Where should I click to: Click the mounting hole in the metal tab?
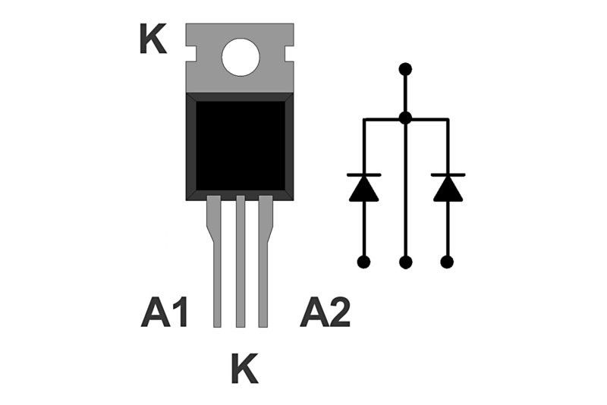[x=241, y=57]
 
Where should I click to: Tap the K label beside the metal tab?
[x=153, y=39]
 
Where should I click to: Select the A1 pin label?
[x=164, y=312]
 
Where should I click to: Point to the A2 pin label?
[x=325, y=312]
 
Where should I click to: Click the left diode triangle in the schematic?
[x=363, y=189]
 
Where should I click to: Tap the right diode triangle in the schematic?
[x=448, y=189]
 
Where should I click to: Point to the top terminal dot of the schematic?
[x=405, y=69]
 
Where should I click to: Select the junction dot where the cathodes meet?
[x=405, y=118]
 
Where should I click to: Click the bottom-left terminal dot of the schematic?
[x=363, y=262]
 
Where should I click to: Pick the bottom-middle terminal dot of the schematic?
[x=405, y=262]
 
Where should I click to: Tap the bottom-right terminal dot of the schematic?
[x=447, y=262]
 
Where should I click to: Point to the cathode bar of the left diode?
[x=363, y=175]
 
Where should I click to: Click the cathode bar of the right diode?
[x=448, y=175]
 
